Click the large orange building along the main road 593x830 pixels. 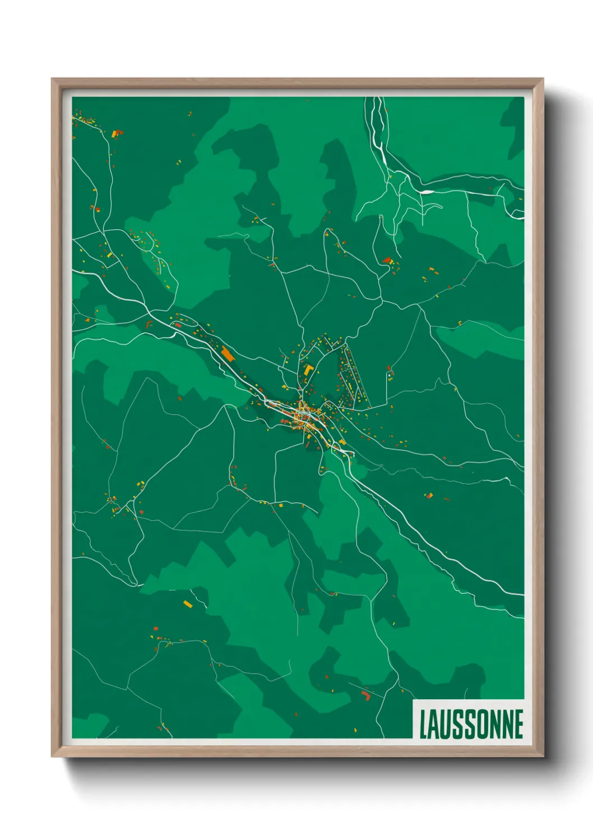[228, 354]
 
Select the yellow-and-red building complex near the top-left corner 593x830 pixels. [117, 133]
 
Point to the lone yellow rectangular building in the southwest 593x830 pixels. [188, 604]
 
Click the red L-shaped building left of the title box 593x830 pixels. [366, 696]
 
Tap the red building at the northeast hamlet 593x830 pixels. [387, 260]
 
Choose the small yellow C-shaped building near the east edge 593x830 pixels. [460, 322]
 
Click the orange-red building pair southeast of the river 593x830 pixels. [429, 495]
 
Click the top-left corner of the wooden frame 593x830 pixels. [52, 80]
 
